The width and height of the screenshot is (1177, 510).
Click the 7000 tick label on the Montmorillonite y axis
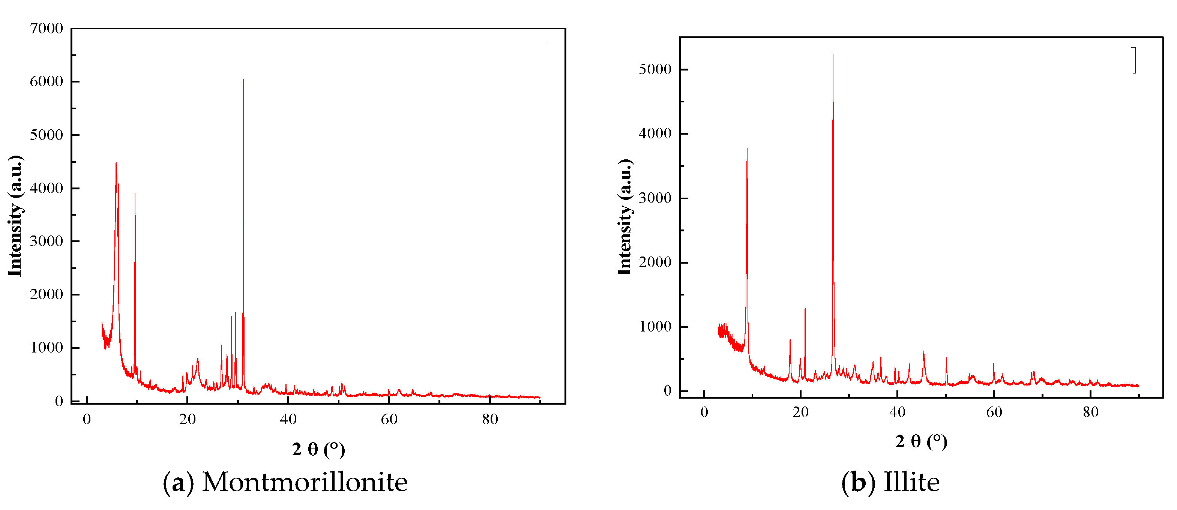tap(46, 28)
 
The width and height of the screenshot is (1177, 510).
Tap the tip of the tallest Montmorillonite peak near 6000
tap(243, 80)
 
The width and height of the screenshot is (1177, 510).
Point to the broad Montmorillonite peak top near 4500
tap(116, 163)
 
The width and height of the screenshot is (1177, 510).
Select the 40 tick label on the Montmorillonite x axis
tap(288, 419)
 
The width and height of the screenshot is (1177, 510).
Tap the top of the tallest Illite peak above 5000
tap(833, 54)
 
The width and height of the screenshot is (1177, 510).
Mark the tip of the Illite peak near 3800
tap(747, 148)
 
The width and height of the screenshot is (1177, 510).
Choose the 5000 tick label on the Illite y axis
tap(655, 69)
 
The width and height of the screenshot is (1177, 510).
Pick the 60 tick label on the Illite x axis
tap(994, 412)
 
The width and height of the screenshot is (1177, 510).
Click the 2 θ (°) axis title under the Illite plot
tap(921, 441)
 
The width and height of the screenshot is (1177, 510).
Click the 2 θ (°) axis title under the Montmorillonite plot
tap(318, 449)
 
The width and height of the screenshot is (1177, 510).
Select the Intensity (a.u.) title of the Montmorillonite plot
tap(15, 216)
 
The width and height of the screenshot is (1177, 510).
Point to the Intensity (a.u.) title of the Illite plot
tap(624, 217)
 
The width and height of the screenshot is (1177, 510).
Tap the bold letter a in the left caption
tap(178, 483)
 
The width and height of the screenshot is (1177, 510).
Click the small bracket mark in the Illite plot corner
tap(1135, 60)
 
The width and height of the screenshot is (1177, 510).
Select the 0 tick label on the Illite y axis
tap(667, 391)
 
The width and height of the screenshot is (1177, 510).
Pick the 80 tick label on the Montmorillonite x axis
tap(490, 419)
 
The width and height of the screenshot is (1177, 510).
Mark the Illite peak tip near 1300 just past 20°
tap(805, 309)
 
